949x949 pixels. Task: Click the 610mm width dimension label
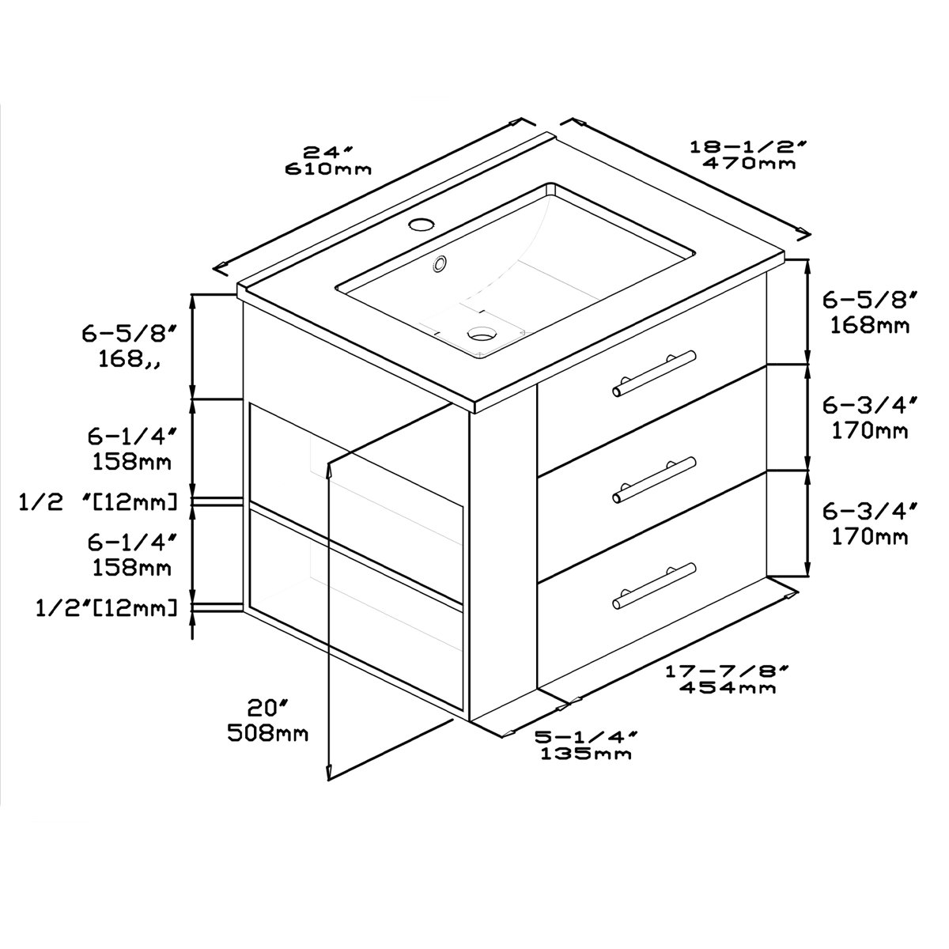click(328, 169)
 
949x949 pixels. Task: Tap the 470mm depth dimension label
click(749, 163)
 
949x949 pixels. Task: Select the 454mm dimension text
click(728, 687)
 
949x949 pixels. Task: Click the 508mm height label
click(268, 734)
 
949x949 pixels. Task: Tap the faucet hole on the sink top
click(422, 225)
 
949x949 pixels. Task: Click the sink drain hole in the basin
click(482, 333)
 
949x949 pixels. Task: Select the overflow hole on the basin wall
click(439, 263)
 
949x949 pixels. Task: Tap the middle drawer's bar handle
click(654, 480)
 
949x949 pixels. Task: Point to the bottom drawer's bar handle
click(654, 586)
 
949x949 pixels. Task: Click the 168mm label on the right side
click(870, 325)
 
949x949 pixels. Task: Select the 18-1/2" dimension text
click(749, 146)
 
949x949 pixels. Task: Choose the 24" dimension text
click(328, 151)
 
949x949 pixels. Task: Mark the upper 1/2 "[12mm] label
click(98, 502)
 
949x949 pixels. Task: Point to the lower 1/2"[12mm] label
click(107, 608)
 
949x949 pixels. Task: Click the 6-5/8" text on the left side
click(129, 334)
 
